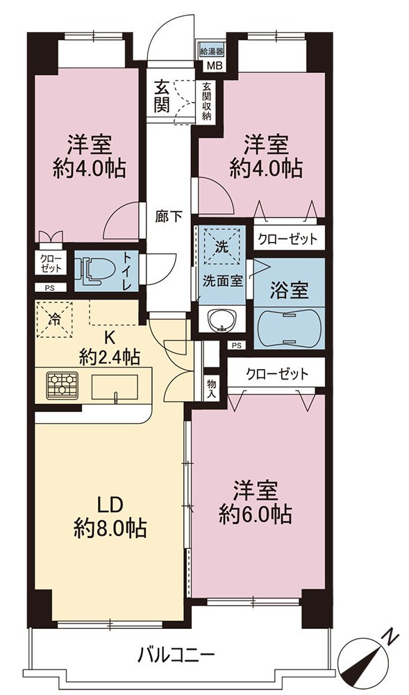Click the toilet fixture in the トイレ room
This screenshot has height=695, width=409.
coord(91,271)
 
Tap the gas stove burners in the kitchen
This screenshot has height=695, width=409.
coord(62,384)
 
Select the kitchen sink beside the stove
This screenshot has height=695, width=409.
coord(115,387)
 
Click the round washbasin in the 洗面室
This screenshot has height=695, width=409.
coord(220,319)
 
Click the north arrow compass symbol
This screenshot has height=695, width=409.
coord(367,657)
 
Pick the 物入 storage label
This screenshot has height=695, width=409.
coord(211,387)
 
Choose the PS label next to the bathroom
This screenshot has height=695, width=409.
coord(236,345)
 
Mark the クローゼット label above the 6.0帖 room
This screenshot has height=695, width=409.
coord(276,375)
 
